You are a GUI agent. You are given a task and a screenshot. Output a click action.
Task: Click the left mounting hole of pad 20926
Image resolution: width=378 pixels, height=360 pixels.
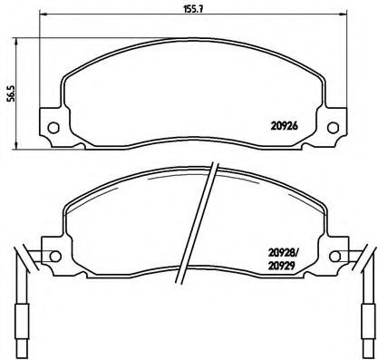(x=53, y=127)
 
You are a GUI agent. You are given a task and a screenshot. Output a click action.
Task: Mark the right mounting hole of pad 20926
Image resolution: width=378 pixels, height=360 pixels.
(x=340, y=127)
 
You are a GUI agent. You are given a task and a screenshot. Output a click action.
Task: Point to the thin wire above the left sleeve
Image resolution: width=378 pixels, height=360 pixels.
(x=23, y=277)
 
